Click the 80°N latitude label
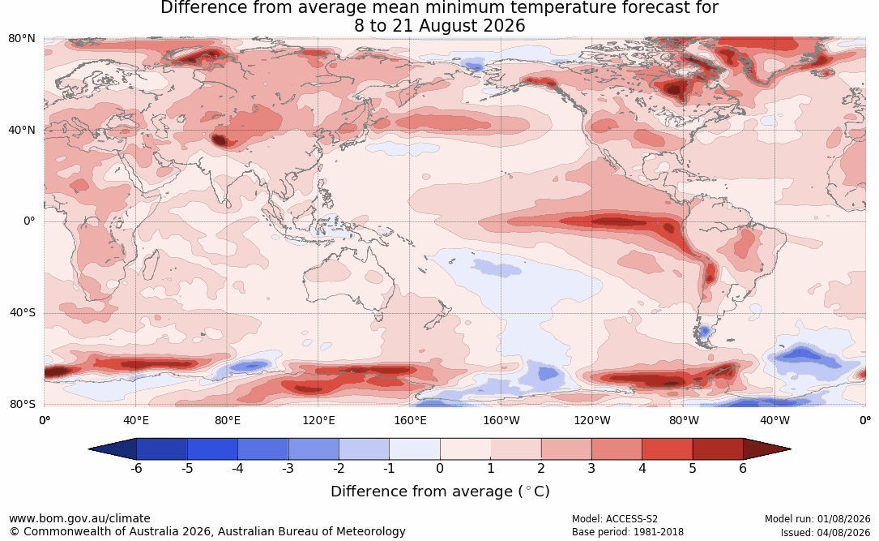click(21, 39)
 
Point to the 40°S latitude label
click(23, 312)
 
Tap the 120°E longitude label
click(318, 420)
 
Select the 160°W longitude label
click(501, 420)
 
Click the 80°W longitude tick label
click(684, 420)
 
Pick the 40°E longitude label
click(135, 420)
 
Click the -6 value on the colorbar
click(136, 468)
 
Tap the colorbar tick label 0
click(440, 468)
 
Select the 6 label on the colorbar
click(743, 468)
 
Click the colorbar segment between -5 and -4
click(212, 449)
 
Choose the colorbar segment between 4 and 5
click(667, 449)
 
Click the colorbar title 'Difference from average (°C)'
click(440, 492)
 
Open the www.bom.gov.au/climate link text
click(79, 518)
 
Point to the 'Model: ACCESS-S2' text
click(614, 519)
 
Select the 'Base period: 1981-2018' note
click(628, 532)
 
